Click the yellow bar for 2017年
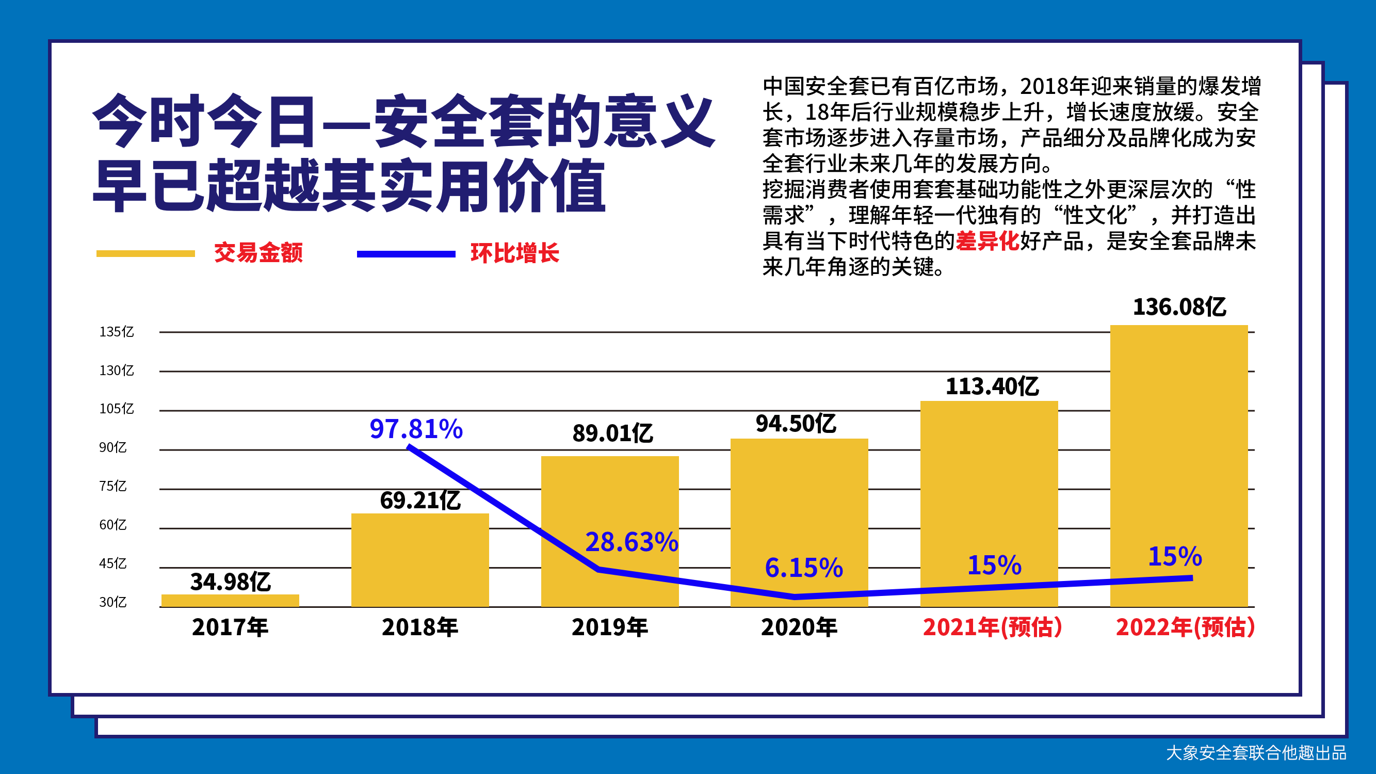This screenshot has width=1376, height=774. [230, 601]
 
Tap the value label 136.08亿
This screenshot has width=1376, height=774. [1179, 307]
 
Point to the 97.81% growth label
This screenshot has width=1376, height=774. [416, 429]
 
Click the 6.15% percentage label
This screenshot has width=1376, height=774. [803, 567]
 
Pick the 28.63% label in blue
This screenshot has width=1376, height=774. [632, 542]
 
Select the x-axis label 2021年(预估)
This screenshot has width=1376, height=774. [992, 627]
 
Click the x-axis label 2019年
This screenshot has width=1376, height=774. [609, 627]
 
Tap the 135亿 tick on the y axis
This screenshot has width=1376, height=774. [117, 332]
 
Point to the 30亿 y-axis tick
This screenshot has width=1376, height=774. [112, 602]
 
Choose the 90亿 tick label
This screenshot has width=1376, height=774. [112, 447]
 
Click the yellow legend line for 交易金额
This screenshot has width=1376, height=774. [145, 254]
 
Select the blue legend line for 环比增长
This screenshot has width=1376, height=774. [406, 254]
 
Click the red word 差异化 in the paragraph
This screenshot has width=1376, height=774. [987, 241]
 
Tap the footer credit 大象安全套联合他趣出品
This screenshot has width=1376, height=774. [1256, 753]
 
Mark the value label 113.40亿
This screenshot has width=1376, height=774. [992, 386]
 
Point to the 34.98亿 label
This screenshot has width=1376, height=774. [230, 582]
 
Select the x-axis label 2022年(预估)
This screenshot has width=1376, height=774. [1185, 627]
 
